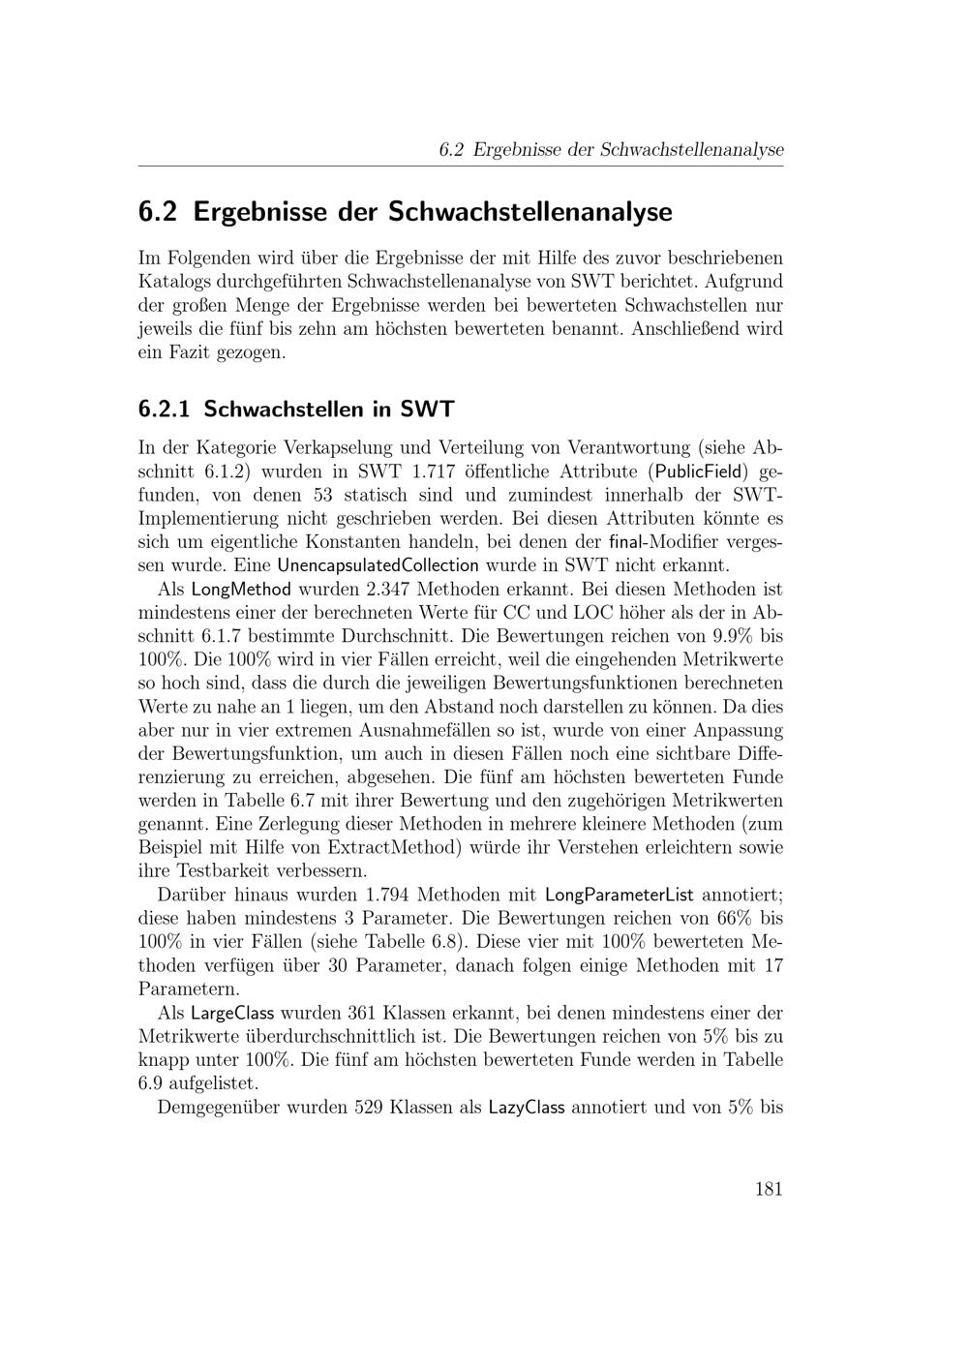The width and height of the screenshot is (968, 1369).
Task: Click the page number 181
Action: point(768,1190)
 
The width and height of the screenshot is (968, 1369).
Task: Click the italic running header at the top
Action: point(611,150)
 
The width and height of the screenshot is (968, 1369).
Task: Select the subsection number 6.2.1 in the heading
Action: point(166,409)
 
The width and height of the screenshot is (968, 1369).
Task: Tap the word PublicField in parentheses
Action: point(697,472)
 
